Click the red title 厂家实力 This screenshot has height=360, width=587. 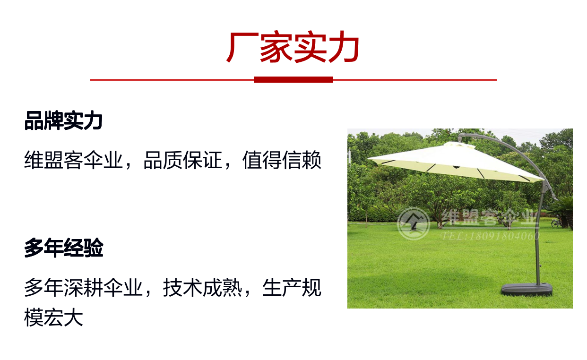pyautogui.click(x=293, y=47)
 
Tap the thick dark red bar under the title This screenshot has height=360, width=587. pyautogui.click(x=293, y=79)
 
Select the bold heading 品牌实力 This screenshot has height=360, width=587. pyautogui.click(x=63, y=121)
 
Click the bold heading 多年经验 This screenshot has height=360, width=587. pyautogui.click(x=64, y=248)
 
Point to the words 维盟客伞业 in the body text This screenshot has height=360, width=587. pyautogui.click(x=74, y=160)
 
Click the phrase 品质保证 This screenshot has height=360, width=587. pyautogui.click(x=183, y=160)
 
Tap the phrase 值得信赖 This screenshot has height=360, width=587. pyautogui.click(x=282, y=160)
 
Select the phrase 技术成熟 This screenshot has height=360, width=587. pyautogui.click(x=203, y=287)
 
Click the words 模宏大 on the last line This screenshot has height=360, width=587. pyautogui.click(x=54, y=317)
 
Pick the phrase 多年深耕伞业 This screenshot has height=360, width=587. pyautogui.click(x=84, y=287)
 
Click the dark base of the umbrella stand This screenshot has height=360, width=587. pyautogui.click(x=527, y=290)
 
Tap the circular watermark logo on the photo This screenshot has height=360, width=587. pyautogui.click(x=414, y=223)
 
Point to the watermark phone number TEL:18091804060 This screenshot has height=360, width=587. pyautogui.click(x=490, y=236)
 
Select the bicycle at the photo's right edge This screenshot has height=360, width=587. pyautogui.click(x=556, y=223)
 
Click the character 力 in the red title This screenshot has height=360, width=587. pyautogui.click(x=344, y=47)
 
